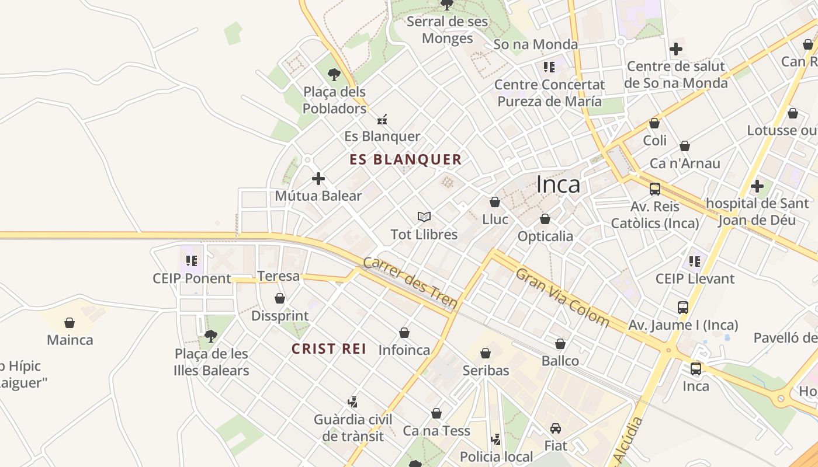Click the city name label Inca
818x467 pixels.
tap(558, 184)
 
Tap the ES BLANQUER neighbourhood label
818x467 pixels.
tap(405, 159)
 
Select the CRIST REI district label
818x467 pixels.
tap(329, 349)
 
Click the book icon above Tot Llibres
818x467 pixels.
tap(424, 217)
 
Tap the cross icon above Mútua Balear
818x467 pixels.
tap(318, 179)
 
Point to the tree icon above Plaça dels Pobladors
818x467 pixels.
tap(334, 74)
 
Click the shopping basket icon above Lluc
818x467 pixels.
tap(495, 202)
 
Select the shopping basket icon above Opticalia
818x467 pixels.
tap(545, 219)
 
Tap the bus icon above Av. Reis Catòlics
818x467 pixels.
tap(655, 189)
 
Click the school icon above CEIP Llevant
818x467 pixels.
tap(695, 261)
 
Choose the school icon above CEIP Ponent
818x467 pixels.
tap(192, 261)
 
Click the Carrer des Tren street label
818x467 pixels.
tap(410, 283)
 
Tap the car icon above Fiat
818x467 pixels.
tap(556, 428)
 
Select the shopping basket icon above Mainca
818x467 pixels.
tap(70, 323)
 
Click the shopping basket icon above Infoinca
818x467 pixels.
tap(404, 333)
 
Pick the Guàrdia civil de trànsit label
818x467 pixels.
tap(353, 427)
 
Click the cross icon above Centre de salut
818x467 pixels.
tap(676, 49)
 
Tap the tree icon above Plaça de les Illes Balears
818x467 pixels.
tap(211, 336)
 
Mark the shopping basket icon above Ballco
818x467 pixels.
tap(560, 344)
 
